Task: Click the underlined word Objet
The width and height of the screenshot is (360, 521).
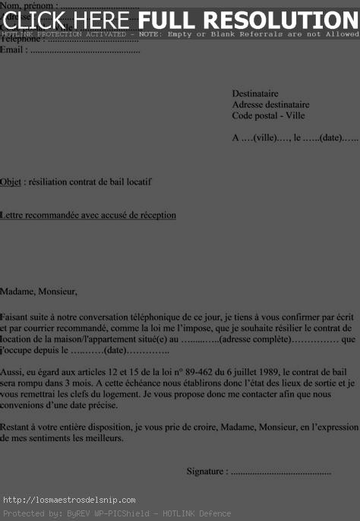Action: tap(11, 182)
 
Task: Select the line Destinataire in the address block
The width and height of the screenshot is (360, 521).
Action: tap(255, 93)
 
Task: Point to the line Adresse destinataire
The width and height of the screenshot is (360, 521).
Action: tap(270, 104)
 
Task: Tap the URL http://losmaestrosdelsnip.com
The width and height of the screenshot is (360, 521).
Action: tap(69, 500)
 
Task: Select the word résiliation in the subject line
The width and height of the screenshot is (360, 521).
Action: tap(49, 182)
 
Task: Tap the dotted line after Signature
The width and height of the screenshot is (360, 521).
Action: tap(280, 472)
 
